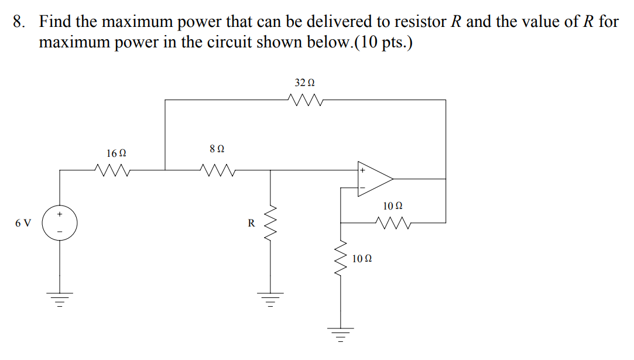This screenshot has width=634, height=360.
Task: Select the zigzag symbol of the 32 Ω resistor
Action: coord(304,100)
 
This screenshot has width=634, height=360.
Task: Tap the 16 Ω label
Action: coord(116,153)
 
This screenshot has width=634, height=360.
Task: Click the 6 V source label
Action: coord(24,223)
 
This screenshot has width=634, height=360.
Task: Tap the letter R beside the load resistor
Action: coord(251,223)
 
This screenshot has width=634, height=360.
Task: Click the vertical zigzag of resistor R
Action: coord(270,223)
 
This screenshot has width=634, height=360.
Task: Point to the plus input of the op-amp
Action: coord(362,171)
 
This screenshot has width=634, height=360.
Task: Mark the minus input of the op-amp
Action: coord(362,188)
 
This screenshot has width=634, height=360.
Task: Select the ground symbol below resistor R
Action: coord(270,299)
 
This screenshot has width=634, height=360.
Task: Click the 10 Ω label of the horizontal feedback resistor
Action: coord(392,206)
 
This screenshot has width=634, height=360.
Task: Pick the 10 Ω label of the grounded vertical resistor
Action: coord(362,258)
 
